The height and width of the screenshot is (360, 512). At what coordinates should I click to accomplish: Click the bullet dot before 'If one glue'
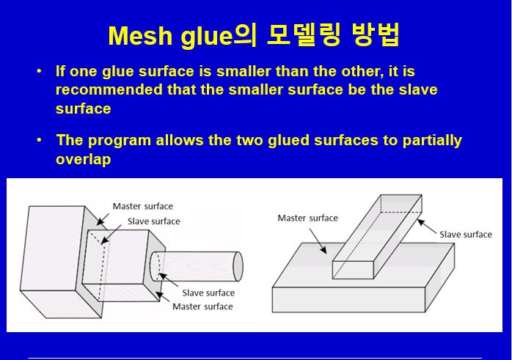click(x=39, y=72)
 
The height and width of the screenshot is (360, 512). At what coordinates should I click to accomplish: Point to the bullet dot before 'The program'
click(x=39, y=140)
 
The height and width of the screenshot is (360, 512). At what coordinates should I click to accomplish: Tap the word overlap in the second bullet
click(x=83, y=158)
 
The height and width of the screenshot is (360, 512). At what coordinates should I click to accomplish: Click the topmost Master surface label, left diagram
click(x=143, y=206)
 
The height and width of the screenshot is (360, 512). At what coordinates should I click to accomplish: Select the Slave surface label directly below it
click(x=153, y=221)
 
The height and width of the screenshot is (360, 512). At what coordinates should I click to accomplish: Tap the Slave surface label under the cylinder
click(x=208, y=293)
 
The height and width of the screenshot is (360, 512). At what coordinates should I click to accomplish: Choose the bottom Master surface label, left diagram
click(x=202, y=306)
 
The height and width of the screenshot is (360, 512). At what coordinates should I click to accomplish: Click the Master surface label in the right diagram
click(x=308, y=218)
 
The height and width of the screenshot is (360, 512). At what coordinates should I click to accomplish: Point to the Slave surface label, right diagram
click(x=466, y=234)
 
